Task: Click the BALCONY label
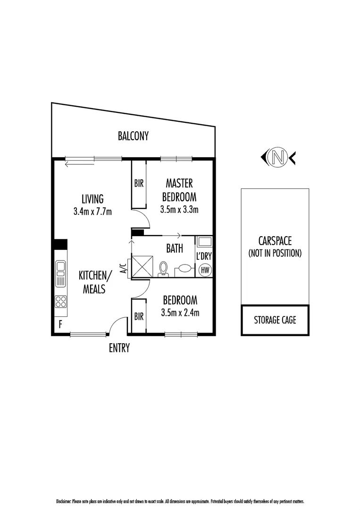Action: click(133, 136)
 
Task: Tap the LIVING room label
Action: click(92, 199)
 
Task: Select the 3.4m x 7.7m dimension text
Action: click(92, 212)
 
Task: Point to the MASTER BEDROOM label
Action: click(179, 189)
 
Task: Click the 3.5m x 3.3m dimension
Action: click(179, 209)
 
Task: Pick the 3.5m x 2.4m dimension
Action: click(180, 312)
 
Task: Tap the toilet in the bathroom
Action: click(164, 268)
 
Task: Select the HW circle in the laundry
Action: click(205, 270)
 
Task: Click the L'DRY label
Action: click(204, 256)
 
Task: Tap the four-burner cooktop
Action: click(60, 301)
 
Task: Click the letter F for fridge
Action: click(60, 324)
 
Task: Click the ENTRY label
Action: click(119, 348)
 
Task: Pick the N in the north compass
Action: click(278, 157)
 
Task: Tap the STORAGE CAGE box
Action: click(275, 320)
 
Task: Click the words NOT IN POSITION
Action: click(275, 253)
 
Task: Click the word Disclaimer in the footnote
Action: click(63, 501)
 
